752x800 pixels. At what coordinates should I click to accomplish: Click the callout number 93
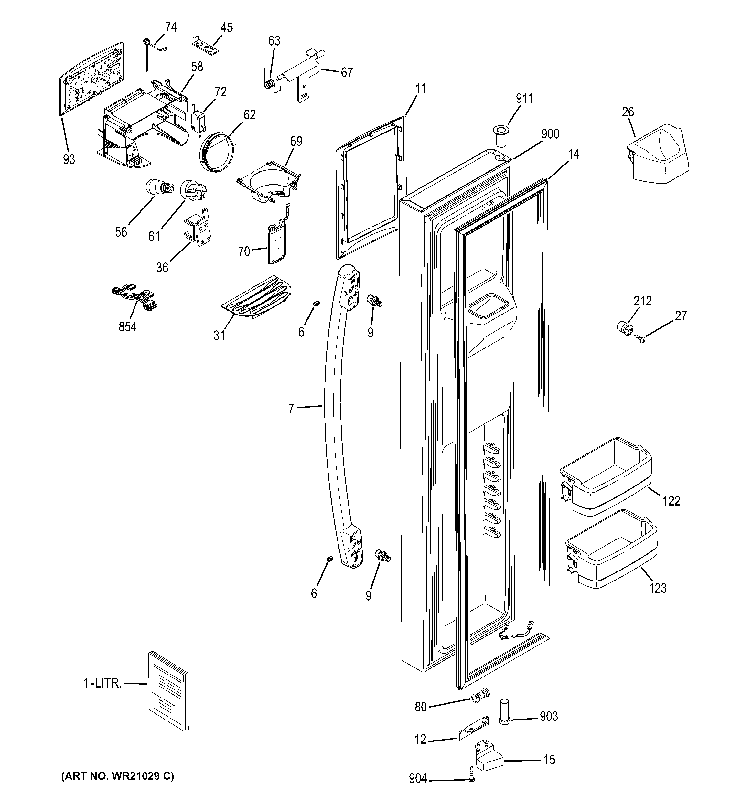pyautogui.click(x=69, y=159)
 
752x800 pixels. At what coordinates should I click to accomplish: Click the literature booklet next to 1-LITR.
pyautogui.click(x=168, y=696)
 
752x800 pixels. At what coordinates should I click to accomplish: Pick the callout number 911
pyautogui.click(x=524, y=98)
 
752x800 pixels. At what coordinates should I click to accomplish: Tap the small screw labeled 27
pyautogui.click(x=639, y=338)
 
